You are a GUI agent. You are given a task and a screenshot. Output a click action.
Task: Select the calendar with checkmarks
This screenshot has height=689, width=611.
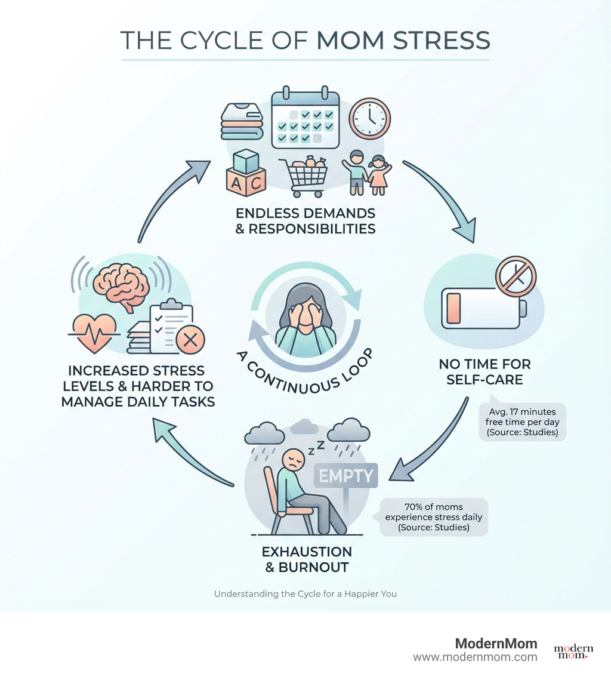point(305,119)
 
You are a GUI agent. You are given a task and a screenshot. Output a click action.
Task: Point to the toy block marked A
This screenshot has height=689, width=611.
point(236,184)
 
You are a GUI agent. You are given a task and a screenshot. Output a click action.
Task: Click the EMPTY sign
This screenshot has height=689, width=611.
point(346,475)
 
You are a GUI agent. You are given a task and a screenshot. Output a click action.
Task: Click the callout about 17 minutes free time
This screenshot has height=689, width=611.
point(522,421)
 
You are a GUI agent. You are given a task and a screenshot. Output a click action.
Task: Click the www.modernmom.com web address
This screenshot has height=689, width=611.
point(475,657)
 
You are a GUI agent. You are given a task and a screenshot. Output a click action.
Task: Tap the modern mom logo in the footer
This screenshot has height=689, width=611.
point(573,651)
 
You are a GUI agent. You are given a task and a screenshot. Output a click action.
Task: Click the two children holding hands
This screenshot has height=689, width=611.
point(366,172)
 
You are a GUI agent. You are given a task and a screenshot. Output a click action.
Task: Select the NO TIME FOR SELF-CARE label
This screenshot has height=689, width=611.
point(485,371)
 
